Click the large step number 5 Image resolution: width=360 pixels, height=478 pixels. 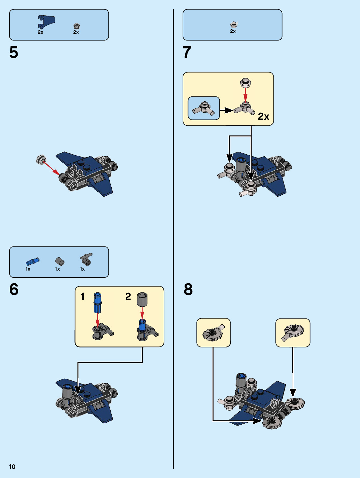point(14,52)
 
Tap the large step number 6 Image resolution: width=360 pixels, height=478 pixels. point(14,289)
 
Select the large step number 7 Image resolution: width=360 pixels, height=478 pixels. point(187,52)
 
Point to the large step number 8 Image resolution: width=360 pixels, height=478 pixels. point(188,289)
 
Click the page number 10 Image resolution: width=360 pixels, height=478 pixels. point(12,467)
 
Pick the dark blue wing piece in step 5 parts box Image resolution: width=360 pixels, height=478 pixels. point(45,22)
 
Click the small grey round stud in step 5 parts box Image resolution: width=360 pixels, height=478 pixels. point(76,26)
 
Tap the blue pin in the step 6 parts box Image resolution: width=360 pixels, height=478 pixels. point(32,261)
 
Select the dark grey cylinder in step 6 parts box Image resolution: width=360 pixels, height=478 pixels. point(60,261)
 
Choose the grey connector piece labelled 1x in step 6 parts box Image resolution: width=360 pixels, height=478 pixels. point(86,260)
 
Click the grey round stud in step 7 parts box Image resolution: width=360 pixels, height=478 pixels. point(233,24)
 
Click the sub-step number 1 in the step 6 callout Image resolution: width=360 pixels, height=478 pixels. point(83,296)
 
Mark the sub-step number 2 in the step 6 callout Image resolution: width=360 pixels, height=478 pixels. point(128,296)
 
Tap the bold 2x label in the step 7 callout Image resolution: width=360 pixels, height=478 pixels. point(263,117)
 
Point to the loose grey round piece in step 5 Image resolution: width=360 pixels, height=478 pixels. point(41,160)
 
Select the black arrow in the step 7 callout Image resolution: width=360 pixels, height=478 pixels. point(227,110)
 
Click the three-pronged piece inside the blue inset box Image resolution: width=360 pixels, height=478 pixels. point(204,108)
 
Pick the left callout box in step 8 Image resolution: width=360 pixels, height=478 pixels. point(214,333)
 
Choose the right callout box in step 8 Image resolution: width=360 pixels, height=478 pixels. point(293,333)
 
